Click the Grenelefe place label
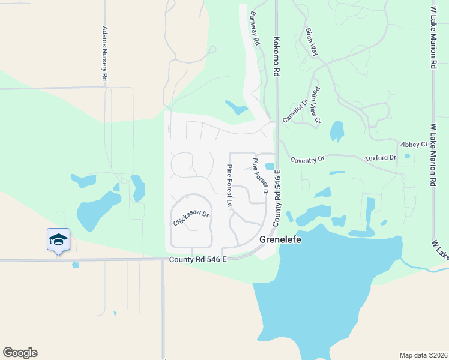coord(280,239)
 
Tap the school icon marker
coord(58,239)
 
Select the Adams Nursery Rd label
coord(104,54)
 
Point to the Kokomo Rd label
coord(277,55)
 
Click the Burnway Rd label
coord(256,29)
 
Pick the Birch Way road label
coord(312,42)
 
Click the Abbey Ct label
coord(415,145)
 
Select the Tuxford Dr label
coord(381,158)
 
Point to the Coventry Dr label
coord(307,160)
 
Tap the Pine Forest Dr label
coord(259,176)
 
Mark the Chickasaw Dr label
coord(191,218)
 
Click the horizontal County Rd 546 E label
coord(198,259)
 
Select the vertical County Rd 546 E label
coord(278,198)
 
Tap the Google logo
coord(20,353)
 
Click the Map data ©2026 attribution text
coord(423,355)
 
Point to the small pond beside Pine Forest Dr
coord(269,167)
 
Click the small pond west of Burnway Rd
coord(236,107)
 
